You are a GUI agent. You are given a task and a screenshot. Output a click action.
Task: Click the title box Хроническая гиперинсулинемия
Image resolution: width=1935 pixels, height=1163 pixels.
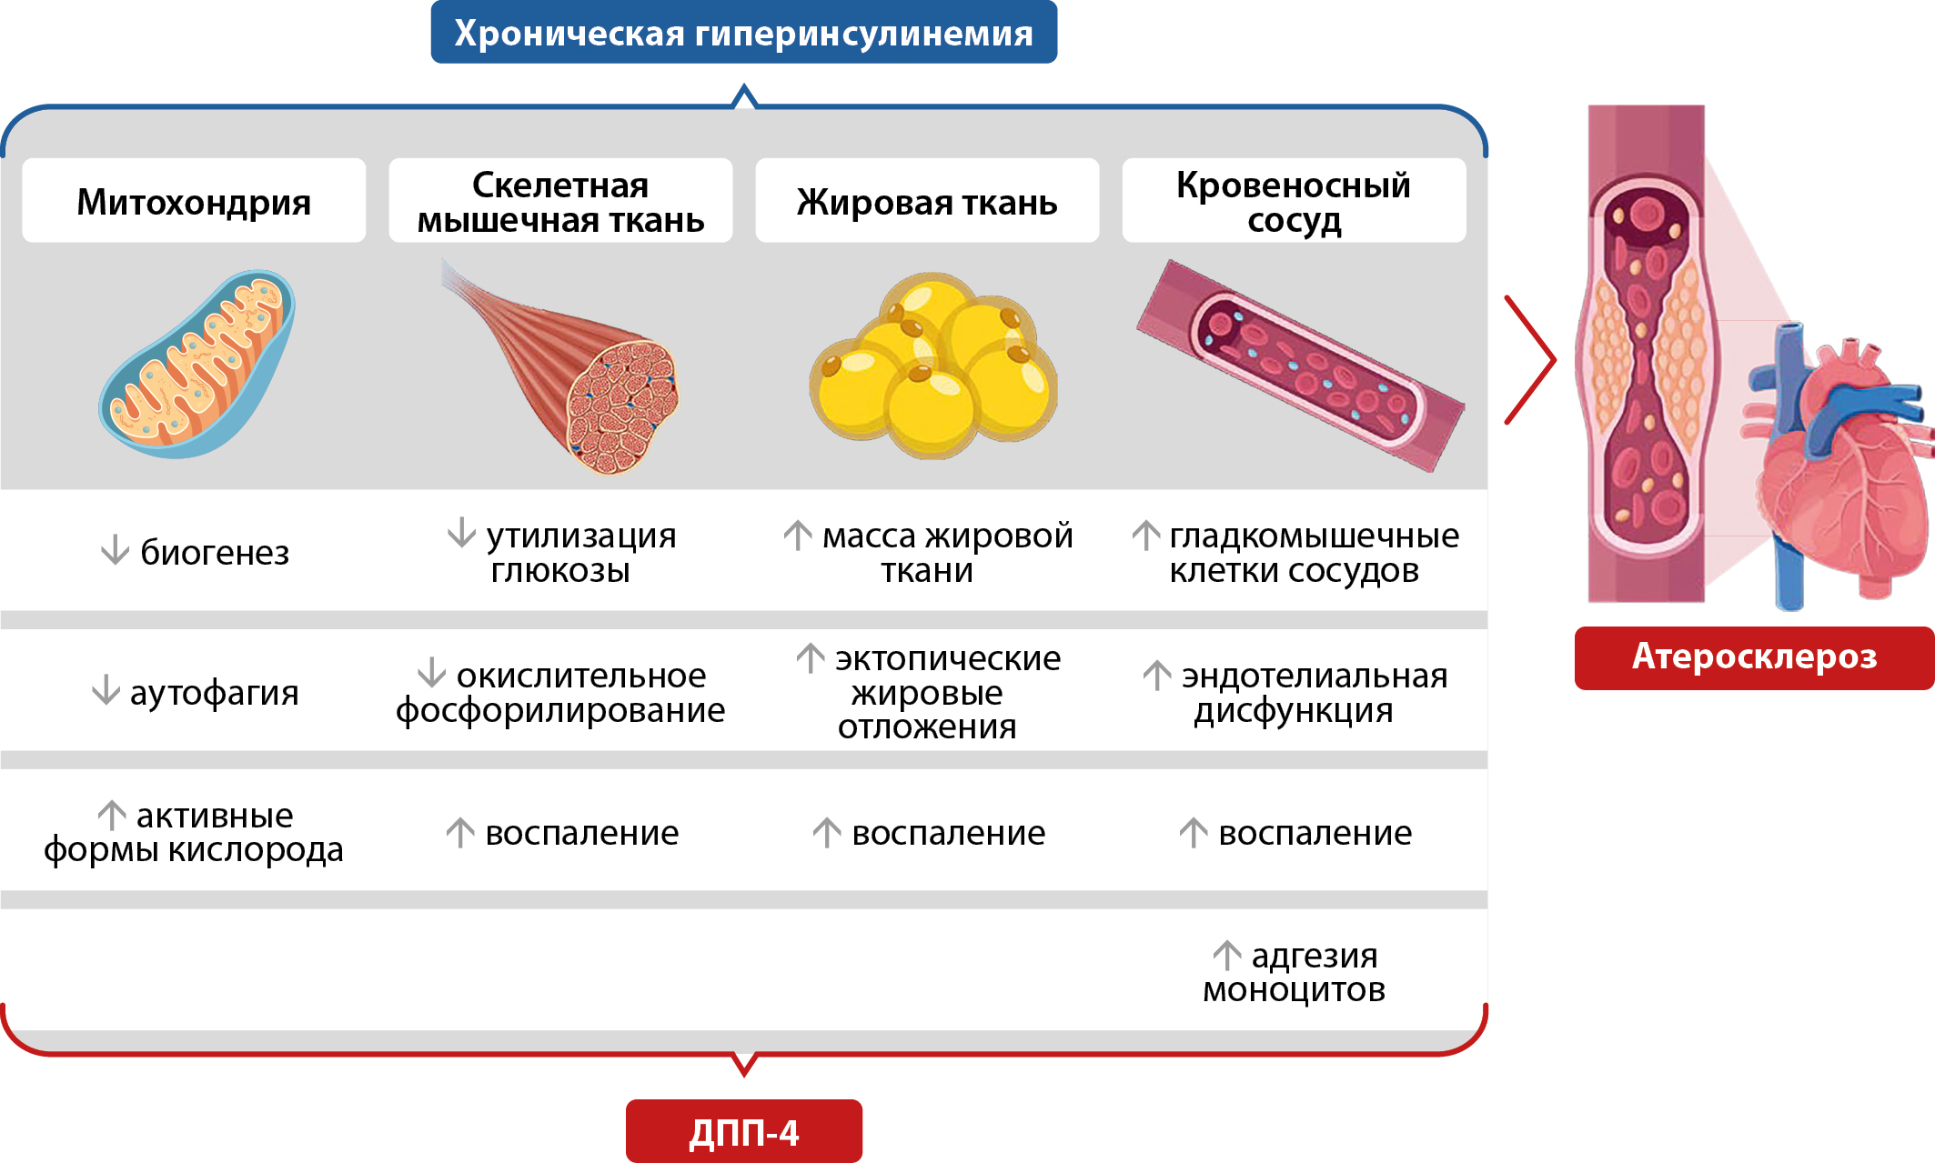743,33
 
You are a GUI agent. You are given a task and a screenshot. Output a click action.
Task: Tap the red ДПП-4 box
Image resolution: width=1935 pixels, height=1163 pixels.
743,1131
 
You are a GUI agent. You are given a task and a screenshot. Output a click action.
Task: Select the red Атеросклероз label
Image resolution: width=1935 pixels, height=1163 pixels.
1753,657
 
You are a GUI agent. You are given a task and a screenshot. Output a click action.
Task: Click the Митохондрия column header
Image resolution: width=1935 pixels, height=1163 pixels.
194,201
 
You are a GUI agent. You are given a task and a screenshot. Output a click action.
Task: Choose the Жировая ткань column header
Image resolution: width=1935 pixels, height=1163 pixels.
927,201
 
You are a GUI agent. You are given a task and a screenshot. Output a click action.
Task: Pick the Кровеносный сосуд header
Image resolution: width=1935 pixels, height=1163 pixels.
1293,201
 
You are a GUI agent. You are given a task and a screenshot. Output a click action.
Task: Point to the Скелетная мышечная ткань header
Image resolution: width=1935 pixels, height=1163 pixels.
560,201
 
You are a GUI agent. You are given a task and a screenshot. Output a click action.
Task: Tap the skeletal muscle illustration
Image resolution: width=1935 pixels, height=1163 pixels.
582,382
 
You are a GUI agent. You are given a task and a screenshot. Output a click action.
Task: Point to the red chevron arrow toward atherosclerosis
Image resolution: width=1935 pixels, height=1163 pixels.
1530,360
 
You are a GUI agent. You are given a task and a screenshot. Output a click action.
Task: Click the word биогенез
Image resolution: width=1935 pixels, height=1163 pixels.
215,553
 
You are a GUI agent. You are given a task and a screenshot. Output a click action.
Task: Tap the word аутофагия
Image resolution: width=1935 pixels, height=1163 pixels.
214,693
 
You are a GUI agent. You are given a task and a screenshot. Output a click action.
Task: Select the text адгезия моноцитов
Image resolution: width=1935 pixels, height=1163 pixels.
1294,973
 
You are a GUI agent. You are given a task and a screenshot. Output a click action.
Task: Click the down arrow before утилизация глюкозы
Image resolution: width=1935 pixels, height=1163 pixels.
462,533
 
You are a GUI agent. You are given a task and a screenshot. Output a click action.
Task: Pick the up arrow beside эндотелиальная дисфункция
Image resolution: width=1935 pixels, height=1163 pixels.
1156,675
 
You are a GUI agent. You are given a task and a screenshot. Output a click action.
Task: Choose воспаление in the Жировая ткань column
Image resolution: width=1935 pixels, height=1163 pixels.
948,833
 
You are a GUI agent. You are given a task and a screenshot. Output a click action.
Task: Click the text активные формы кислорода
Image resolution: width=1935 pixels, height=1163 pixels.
194,833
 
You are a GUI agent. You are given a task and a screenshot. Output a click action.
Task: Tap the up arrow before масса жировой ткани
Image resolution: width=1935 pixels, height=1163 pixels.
798,535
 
